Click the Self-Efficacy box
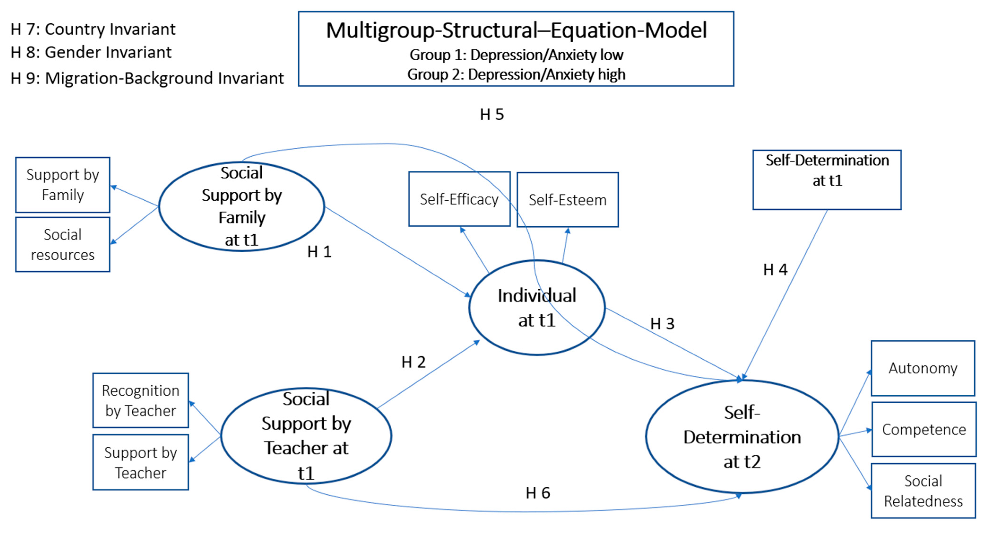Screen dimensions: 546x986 coord(459,199)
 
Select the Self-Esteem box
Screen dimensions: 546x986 coord(568,200)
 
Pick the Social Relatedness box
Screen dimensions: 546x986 coord(923,491)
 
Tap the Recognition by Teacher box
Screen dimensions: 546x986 coord(140,401)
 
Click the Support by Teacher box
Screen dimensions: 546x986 coord(140,463)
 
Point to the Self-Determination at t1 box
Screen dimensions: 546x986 coord(827,179)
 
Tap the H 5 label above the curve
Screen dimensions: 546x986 coord(492,114)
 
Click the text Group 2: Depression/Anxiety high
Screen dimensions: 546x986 coord(516,74)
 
